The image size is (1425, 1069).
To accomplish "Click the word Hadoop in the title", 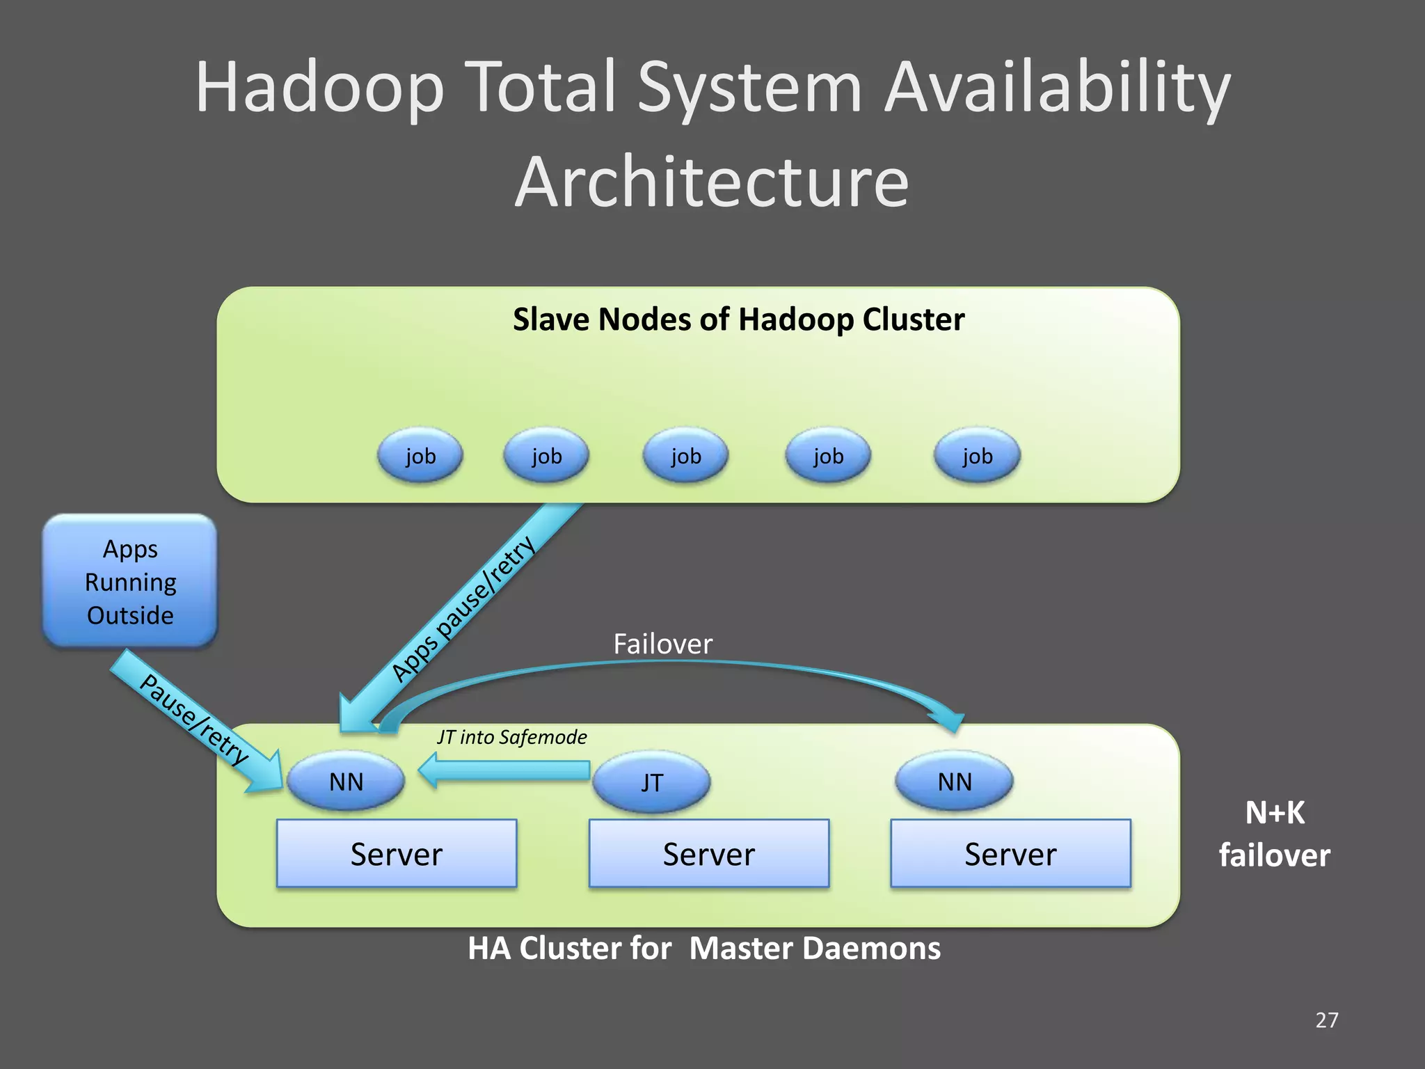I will tap(319, 88).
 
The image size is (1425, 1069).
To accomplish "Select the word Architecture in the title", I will tap(711, 182).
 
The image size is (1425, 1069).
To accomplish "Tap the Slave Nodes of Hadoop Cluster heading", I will tap(738, 319).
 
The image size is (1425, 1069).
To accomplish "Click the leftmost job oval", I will tap(420, 456).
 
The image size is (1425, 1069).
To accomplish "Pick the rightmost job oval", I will tap(977, 456).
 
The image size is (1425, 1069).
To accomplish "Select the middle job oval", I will tap(685, 456).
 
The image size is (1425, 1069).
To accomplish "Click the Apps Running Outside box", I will tap(130, 582).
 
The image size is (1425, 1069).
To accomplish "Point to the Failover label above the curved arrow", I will tap(662, 644).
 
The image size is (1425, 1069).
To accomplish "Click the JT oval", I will tap(651, 782).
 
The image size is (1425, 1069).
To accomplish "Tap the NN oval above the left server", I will tap(346, 782).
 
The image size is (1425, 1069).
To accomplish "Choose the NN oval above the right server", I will tap(954, 782).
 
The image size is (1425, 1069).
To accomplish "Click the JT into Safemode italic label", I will tap(511, 737).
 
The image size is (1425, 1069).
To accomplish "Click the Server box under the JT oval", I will tap(708, 854).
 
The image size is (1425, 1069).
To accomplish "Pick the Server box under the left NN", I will tap(396, 854).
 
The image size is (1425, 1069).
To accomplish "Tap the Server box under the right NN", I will tap(1010, 854).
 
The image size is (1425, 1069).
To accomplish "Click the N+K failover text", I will tap(1274, 834).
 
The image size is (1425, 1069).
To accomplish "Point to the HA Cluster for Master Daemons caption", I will tap(703, 949).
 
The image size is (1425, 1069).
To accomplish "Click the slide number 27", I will tap(1326, 1020).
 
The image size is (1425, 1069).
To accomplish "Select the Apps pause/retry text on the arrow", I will tap(463, 609).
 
